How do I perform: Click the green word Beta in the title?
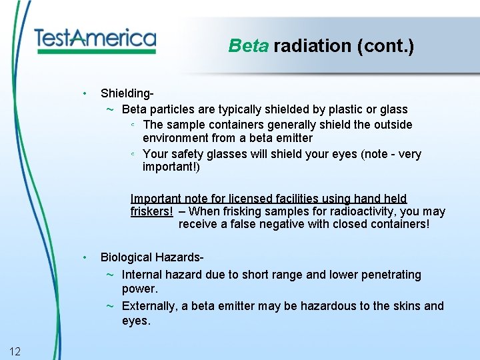click(x=248, y=46)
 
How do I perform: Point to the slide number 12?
click(x=15, y=351)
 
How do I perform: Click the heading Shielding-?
click(x=128, y=94)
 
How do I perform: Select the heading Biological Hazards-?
click(x=151, y=257)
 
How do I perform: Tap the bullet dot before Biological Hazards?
click(x=85, y=257)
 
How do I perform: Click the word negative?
click(x=283, y=224)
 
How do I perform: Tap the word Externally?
click(x=150, y=306)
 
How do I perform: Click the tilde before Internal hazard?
click(x=109, y=275)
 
